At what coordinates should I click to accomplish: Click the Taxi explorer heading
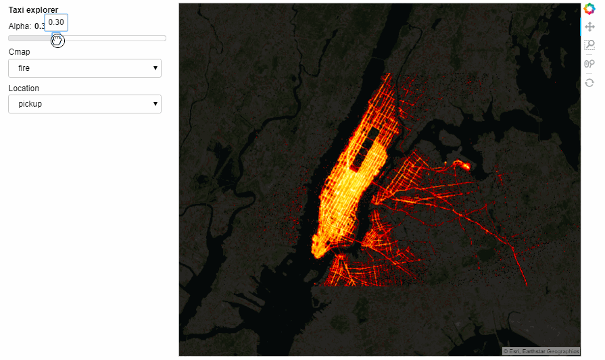click(x=33, y=9)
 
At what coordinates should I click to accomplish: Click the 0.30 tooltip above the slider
click(x=56, y=22)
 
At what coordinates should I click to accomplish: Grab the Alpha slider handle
click(x=57, y=40)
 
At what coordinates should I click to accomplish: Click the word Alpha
click(x=19, y=26)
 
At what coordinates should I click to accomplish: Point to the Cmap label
click(x=19, y=52)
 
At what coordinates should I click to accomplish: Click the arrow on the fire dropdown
click(x=155, y=68)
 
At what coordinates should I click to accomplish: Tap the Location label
click(x=24, y=88)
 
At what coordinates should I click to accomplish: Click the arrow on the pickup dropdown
click(x=155, y=104)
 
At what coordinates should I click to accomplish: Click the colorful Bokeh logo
click(x=589, y=9)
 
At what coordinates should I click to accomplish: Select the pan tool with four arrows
click(x=589, y=27)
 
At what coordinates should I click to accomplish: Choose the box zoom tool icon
click(x=589, y=45)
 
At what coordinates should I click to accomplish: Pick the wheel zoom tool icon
click(x=589, y=64)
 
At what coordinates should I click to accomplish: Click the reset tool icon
click(x=589, y=82)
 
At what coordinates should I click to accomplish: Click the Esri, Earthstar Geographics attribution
click(x=541, y=351)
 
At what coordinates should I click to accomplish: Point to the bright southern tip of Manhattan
click(x=318, y=252)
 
